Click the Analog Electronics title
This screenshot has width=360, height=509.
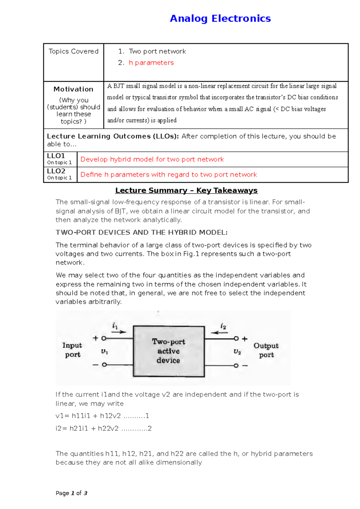point(220,19)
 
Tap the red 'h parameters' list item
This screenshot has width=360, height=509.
point(151,63)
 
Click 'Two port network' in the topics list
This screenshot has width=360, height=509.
point(157,52)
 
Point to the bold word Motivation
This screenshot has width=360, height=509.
point(73,89)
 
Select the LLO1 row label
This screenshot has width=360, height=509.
point(56,156)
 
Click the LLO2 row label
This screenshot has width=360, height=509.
point(56,171)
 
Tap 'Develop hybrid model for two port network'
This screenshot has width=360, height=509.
point(152,159)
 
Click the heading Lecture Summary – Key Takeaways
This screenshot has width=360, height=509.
point(186,191)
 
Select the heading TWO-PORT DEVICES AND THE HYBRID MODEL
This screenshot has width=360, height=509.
point(142,233)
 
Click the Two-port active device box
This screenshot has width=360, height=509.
point(169,351)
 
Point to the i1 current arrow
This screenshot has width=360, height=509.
point(119,332)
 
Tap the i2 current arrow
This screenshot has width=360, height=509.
point(219,332)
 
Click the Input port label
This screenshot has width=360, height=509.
point(72,350)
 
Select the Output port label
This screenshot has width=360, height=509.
point(266,350)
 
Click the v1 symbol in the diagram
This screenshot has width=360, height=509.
point(104,351)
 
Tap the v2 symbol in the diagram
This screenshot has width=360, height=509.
point(237,352)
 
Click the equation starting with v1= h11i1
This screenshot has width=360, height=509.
point(102,416)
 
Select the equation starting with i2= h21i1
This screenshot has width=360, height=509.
point(103,429)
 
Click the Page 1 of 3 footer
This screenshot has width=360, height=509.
point(71,493)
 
